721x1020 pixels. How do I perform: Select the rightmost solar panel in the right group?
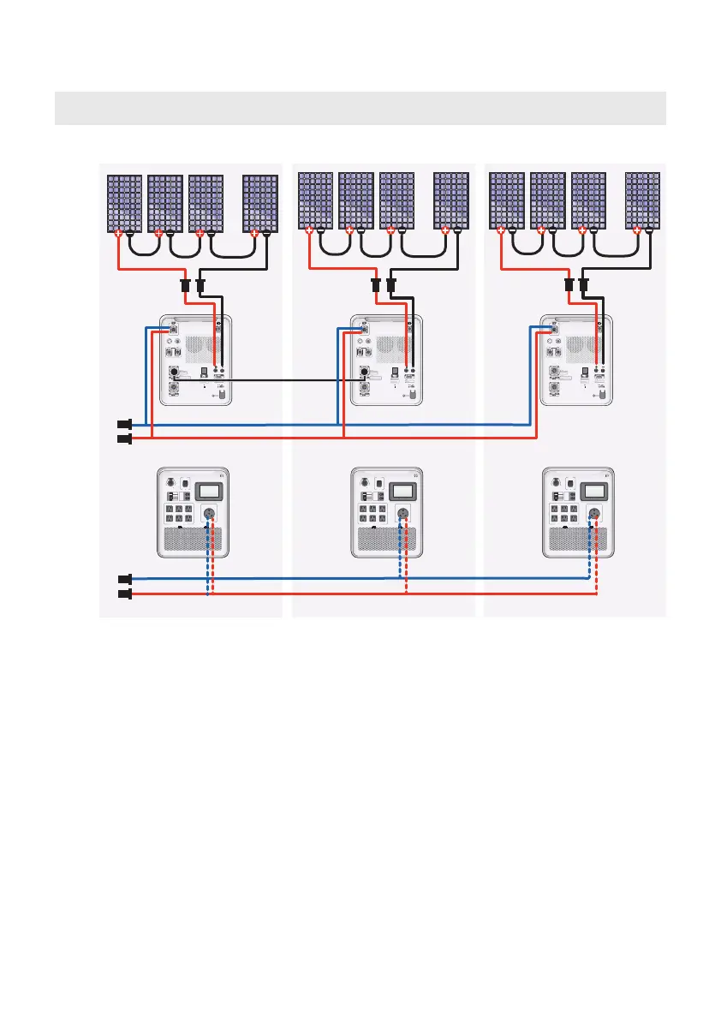[x=643, y=200]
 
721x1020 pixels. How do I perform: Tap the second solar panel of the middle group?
[x=356, y=200]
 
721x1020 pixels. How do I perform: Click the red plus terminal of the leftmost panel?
[x=118, y=232]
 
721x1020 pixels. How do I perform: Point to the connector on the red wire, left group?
[x=185, y=285]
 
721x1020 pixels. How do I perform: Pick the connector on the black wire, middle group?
[x=391, y=284]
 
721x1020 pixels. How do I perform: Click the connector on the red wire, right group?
[x=569, y=284]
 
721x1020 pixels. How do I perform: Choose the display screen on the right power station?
[x=594, y=491]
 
